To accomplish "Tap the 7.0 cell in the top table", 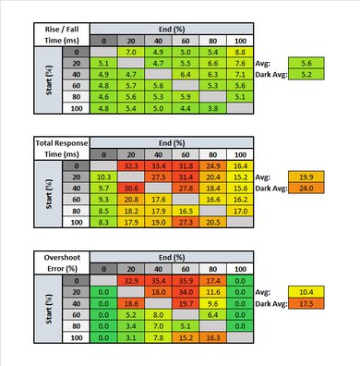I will (131, 52).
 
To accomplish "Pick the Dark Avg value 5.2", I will (307, 74).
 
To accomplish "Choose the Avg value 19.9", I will (307, 176).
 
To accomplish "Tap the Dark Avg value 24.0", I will (307, 188).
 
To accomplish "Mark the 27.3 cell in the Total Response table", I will (186, 223).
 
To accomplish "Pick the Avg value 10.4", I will (307, 290).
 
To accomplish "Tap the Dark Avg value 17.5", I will (307, 302).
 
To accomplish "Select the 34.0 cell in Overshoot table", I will (186, 290).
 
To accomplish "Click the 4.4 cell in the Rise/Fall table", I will (186, 107).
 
